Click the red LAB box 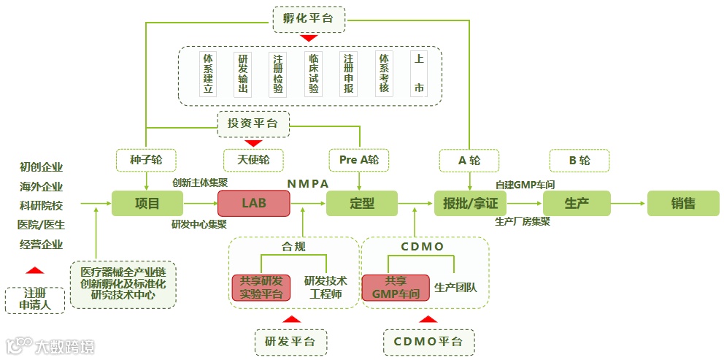click(253, 203)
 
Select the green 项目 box click(147, 203)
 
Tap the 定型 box click(361, 203)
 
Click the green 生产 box click(577, 203)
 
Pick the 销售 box click(682, 203)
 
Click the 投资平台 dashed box click(253, 123)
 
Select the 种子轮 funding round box click(147, 160)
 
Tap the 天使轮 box click(253, 160)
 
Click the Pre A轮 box click(359, 160)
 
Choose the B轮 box click(579, 160)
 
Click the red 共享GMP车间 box click(395, 288)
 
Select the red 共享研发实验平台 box click(261, 288)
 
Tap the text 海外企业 click(42, 186)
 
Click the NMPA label click(308, 183)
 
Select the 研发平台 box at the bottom click(290, 341)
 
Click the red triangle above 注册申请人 click(34, 269)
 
